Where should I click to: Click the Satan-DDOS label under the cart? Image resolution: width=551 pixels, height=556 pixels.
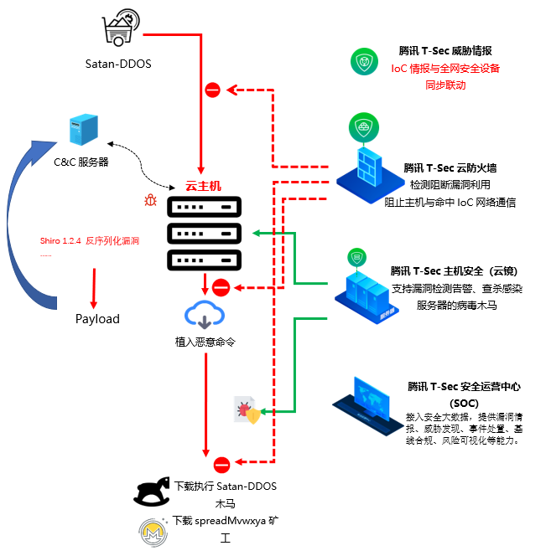118,64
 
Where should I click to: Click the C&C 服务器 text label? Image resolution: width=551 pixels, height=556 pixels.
81,162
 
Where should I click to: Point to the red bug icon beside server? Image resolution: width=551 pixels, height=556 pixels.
150,200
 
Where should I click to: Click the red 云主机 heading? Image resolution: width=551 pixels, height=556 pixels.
203,186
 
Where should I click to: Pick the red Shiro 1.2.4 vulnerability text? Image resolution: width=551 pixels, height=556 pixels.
89,240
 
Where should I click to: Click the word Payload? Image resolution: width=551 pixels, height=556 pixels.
97,318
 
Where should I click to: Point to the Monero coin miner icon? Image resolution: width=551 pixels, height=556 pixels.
153,533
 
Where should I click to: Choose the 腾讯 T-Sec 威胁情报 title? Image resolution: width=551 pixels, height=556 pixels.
445,52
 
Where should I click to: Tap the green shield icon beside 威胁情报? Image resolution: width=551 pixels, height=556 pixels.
366,62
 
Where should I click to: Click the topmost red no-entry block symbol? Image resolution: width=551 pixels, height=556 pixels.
213,90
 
